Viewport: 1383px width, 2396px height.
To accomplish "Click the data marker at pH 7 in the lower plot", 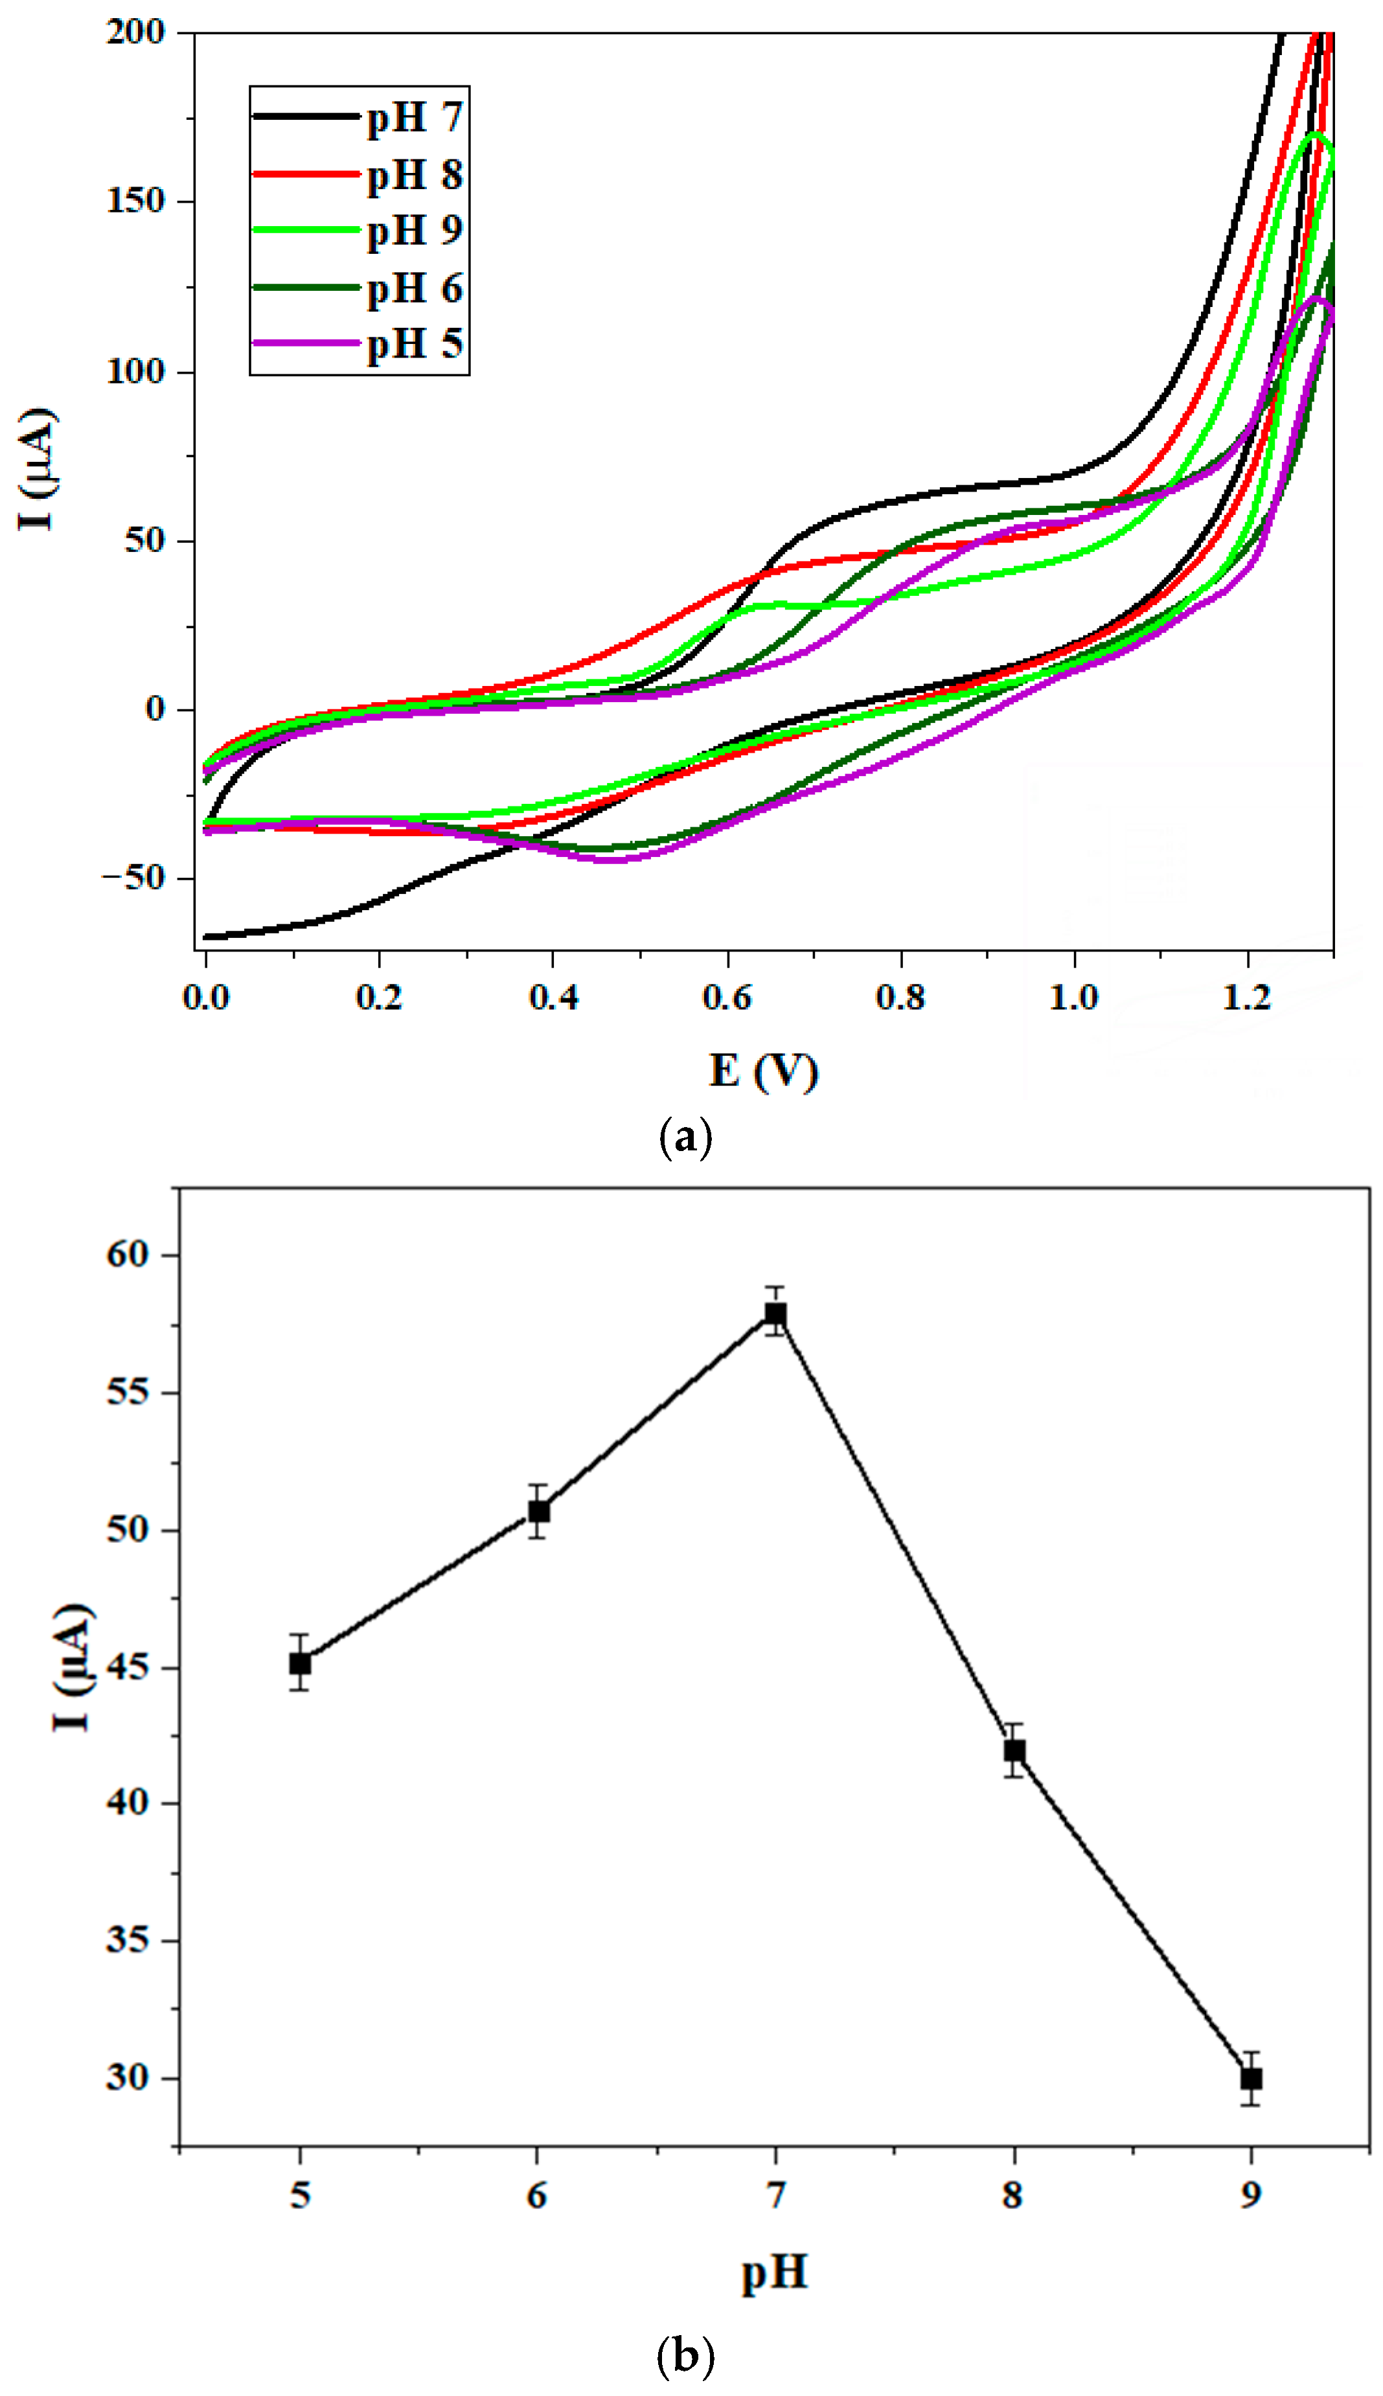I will (x=776, y=1314).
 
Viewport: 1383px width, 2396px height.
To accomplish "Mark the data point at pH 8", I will (x=1014, y=1750).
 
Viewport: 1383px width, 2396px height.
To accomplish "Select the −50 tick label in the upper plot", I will (x=133, y=878).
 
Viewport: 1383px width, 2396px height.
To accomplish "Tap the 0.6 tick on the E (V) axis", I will (x=727, y=997).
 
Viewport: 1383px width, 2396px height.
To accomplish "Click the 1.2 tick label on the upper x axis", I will (x=1246, y=997).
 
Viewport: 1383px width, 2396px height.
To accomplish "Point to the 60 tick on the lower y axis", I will (x=128, y=1255).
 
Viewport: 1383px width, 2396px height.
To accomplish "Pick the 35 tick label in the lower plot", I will (x=128, y=1940).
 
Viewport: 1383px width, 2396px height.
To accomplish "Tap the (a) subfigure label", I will (x=685, y=1137).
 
